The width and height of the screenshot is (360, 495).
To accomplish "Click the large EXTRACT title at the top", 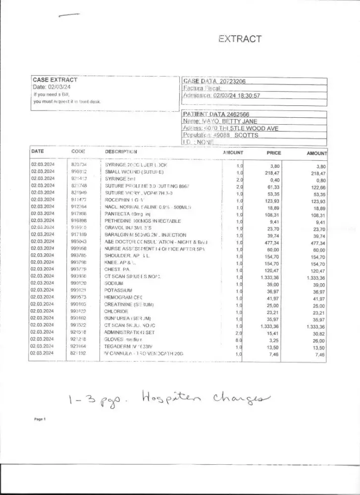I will click(240, 39).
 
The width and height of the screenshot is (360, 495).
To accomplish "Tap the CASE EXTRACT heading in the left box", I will click(55, 80).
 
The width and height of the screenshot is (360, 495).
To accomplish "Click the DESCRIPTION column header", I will click(121, 151).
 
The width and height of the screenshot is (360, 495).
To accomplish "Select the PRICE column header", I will click(274, 153).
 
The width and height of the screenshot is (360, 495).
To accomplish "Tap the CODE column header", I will click(78, 151).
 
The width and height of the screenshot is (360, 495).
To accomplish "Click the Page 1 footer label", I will click(40, 419).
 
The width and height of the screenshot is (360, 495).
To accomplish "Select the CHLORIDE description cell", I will click(116, 311).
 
